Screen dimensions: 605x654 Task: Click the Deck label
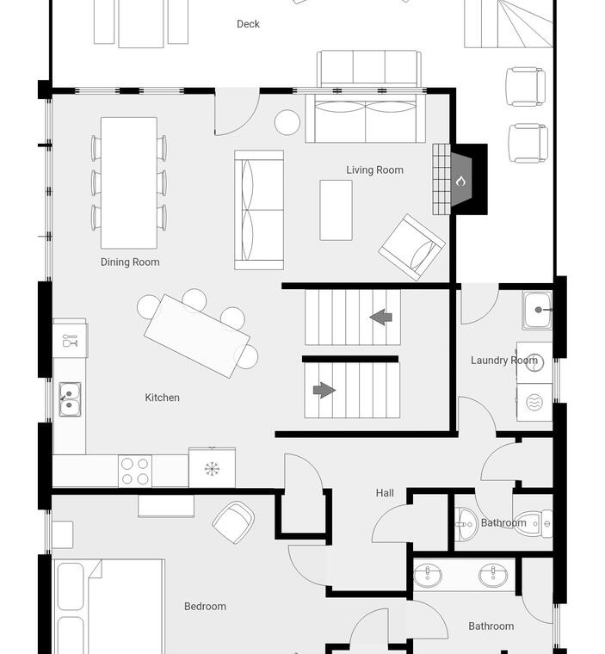[x=248, y=24]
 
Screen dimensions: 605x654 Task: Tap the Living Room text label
[x=374, y=170]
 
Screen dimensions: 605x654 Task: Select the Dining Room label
[x=130, y=262]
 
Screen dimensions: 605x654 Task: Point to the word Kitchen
[x=163, y=398]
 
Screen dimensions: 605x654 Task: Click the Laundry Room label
[x=504, y=361]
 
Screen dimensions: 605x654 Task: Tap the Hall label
[x=385, y=493]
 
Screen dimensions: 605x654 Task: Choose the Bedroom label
[x=206, y=607]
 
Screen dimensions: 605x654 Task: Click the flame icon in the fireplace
[x=460, y=181]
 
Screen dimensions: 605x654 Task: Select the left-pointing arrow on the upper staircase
[x=381, y=318]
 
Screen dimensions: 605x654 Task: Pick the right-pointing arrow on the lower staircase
[x=324, y=391]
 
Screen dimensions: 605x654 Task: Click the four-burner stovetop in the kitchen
[x=135, y=472]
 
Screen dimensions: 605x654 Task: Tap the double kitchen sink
[x=70, y=399]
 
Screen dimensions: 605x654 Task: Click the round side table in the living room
[x=287, y=122]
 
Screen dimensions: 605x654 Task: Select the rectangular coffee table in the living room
[x=336, y=210]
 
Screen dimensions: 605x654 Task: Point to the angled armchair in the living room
[x=412, y=247]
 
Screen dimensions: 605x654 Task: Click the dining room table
[x=129, y=182]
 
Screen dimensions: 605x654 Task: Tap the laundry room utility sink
[x=537, y=311]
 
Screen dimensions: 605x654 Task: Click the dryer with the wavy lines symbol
[x=534, y=403]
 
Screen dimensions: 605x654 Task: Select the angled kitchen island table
[x=197, y=336]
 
